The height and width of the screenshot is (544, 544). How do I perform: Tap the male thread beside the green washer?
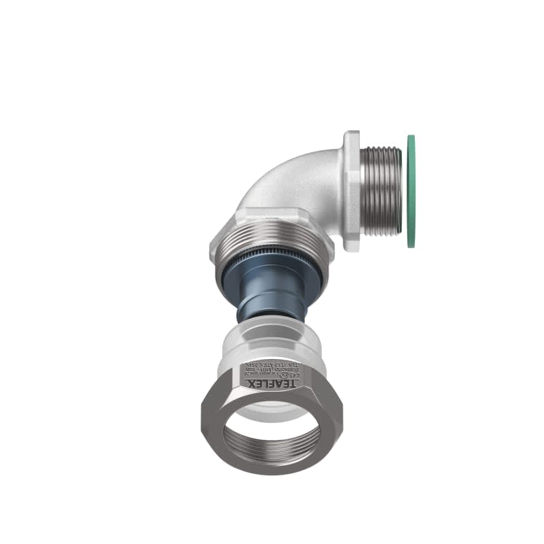click(x=380, y=191)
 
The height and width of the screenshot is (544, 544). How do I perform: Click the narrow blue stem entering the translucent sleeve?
click(x=273, y=309)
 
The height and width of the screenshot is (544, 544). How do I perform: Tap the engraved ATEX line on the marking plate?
click(x=273, y=367)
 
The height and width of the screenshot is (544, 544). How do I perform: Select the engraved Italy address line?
click(x=273, y=362)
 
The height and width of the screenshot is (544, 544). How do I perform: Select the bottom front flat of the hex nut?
click(x=272, y=469)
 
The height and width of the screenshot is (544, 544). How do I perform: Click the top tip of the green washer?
click(x=411, y=137)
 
